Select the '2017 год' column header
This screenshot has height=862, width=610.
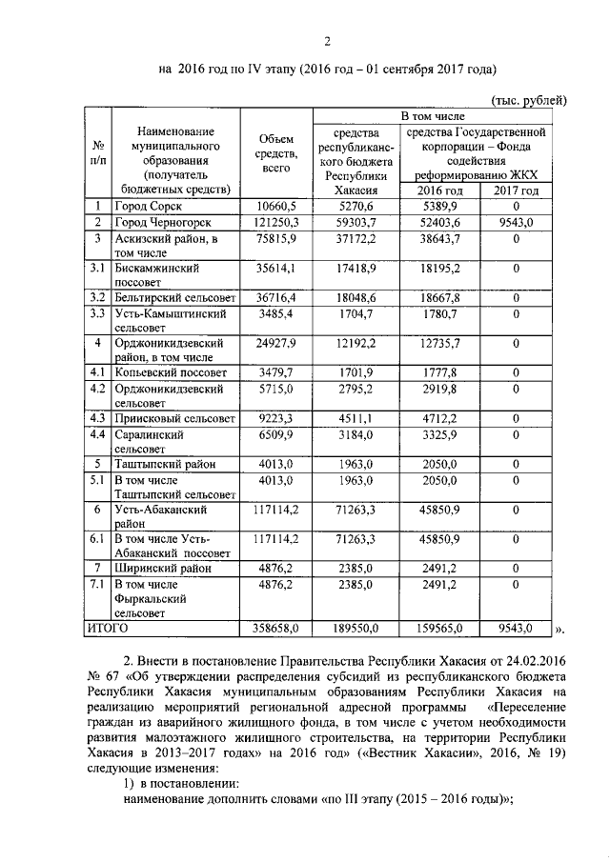[516, 190]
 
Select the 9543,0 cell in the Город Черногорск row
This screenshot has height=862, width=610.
[516, 222]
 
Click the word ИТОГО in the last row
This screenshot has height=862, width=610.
[108, 628]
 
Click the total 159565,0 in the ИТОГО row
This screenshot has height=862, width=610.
[441, 629]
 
